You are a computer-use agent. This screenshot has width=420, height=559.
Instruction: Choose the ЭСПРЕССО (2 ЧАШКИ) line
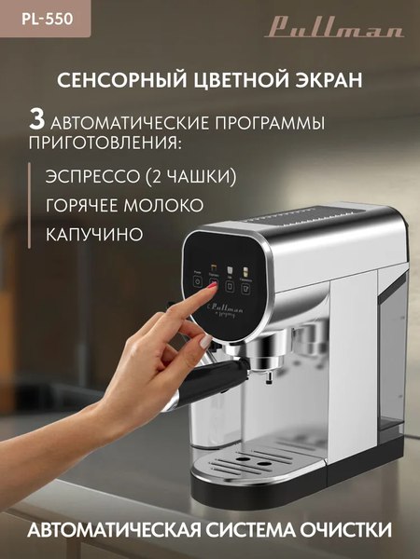tap(140, 176)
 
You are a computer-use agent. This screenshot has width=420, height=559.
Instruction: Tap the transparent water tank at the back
tap(392, 373)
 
